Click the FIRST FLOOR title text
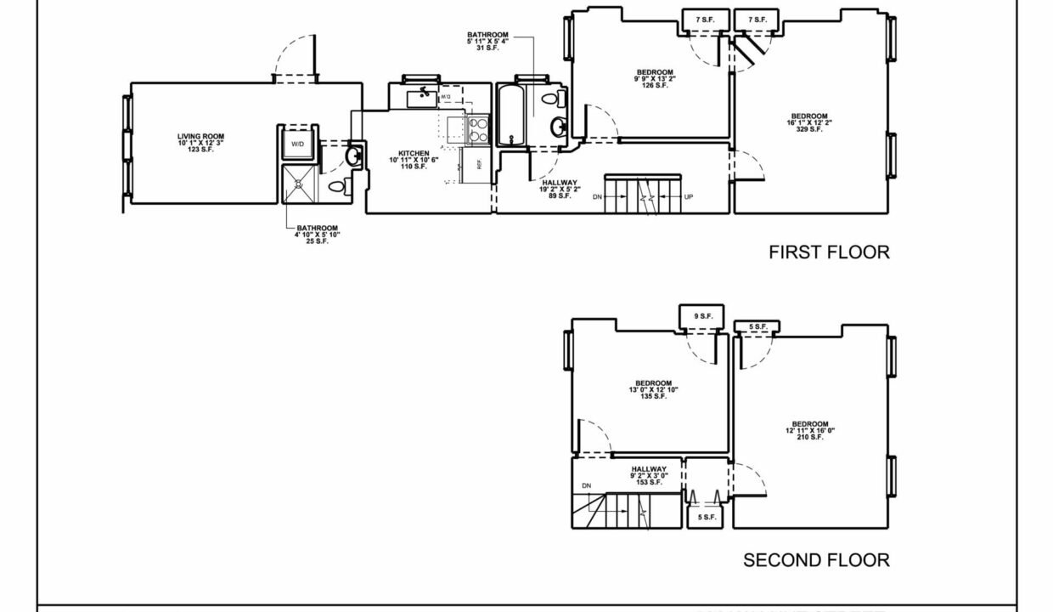(829, 252)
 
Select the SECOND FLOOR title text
(816, 560)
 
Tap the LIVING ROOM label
(200, 143)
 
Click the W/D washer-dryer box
(298, 144)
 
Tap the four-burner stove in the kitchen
(478, 129)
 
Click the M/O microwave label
(446, 99)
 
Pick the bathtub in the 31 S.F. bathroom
(511, 116)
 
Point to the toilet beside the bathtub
(550, 100)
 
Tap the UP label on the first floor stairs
(688, 196)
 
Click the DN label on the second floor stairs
(587, 486)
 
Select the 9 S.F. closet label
(703, 316)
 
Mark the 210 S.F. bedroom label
(810, 431)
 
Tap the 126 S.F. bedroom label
(654, 78)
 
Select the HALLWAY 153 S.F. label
(649, 475)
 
